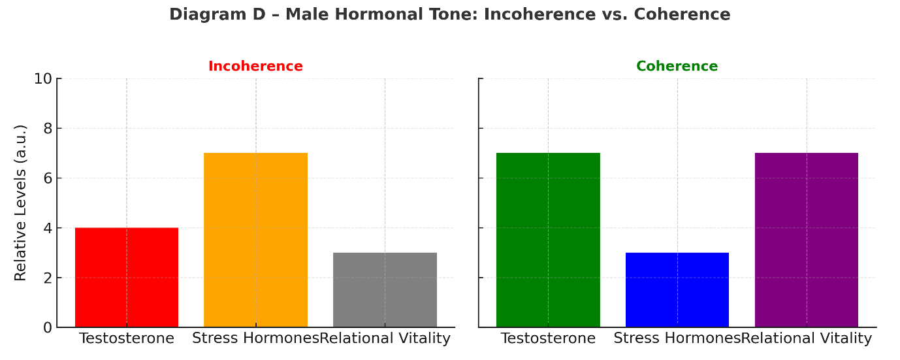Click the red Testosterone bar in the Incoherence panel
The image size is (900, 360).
127,277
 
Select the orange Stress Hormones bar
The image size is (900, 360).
255,240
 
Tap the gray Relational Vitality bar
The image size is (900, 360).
385,289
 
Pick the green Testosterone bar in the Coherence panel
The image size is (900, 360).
548,240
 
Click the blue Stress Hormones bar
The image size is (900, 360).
677,289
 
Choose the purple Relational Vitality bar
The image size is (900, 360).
807,240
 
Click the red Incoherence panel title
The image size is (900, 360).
255,66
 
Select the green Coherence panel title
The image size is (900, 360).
677,66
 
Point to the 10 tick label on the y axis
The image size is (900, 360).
43,79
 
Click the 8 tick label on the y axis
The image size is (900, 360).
48,129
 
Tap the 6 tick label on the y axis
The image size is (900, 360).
48,178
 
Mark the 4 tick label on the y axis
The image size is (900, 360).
48,228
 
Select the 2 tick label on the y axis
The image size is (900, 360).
48,278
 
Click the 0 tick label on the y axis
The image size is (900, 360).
48,328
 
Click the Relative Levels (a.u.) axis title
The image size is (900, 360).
20,203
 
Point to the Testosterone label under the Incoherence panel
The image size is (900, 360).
127,338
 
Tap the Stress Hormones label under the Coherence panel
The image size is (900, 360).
677,338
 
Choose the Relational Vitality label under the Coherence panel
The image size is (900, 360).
807,338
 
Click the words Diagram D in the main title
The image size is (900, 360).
217,14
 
